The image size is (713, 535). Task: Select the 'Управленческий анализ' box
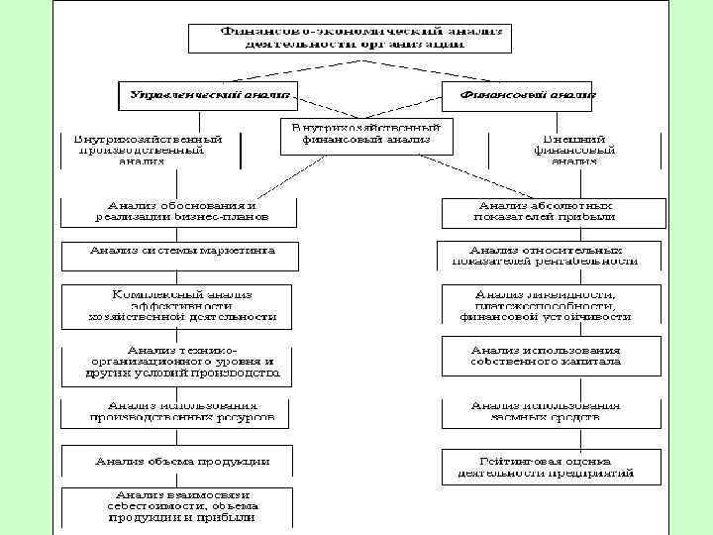point(205,95)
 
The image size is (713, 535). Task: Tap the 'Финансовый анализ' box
point(519,95)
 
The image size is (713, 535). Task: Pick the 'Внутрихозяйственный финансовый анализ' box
point(365,135)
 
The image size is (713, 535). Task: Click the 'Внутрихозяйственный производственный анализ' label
point(149,148)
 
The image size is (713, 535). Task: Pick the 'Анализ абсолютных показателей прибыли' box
point(549,210)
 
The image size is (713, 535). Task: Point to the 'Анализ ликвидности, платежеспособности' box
point(547,306)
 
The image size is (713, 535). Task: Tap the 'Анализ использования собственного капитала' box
point(547,356)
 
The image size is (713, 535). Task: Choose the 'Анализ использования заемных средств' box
point(547,412)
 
